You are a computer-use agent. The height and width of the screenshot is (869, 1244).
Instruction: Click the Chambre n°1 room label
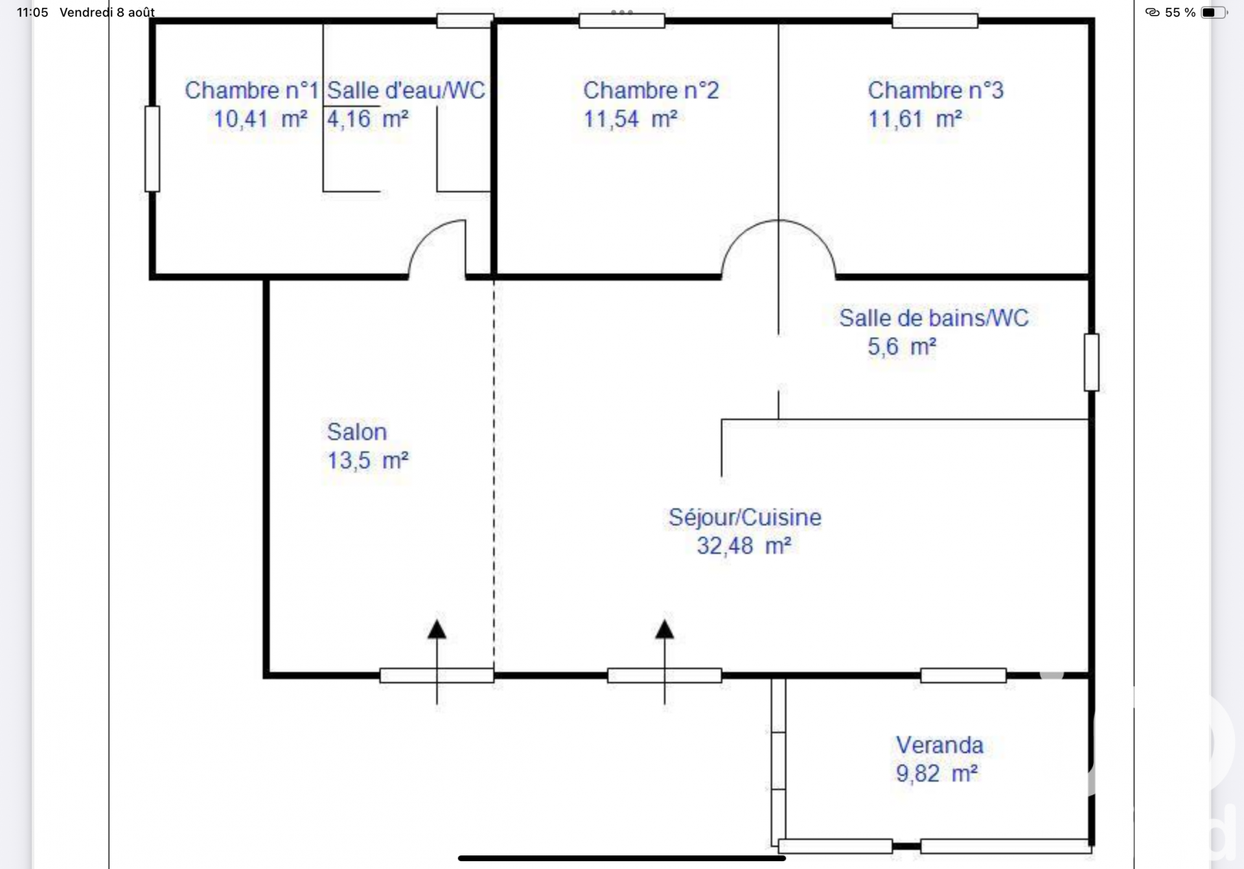click(251, 90)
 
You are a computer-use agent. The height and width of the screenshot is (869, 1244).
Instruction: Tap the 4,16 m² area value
click(367, 119)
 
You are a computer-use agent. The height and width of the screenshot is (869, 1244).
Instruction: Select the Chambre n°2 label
click(651, 90)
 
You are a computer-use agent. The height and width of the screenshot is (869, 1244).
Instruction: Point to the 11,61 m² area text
click(914, 119)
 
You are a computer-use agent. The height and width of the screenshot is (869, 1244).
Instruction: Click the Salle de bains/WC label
click(934, 318)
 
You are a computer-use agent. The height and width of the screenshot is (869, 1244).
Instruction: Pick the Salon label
click(356, 432)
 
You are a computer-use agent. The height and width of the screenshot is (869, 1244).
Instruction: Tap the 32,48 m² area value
click(744, 546)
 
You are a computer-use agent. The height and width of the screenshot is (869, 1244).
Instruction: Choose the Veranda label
click(939, 745)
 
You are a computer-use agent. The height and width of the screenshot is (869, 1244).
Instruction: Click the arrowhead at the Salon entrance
click(437, 629)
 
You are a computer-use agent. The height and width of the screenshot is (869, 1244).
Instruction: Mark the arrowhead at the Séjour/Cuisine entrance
click(664, 629)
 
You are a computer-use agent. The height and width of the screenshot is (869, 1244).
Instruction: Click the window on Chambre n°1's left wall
click(152, 149)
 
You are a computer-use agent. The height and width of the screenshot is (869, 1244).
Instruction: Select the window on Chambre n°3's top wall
click(935, 21)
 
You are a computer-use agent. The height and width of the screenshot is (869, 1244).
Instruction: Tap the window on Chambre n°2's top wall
click(622, 21)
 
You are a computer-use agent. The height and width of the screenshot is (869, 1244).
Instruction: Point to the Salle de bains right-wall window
click(1092, 362)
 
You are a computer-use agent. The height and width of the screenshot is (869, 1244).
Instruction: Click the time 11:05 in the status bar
click(32, 12)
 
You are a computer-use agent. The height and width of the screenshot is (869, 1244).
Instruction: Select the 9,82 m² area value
click(937, 773)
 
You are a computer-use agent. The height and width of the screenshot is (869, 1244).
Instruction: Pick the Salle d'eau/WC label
click(406, 90)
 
